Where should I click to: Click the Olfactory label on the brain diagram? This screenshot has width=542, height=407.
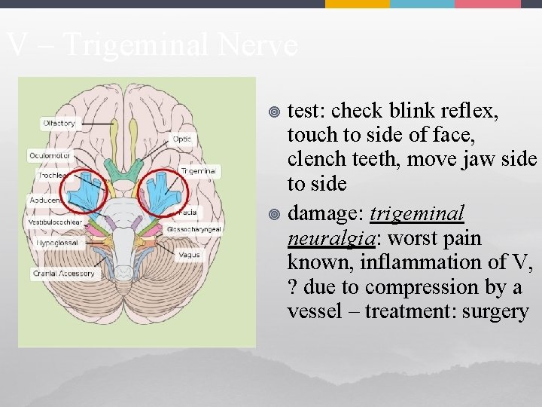(59, 123)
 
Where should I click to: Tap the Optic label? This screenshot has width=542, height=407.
(182, 139)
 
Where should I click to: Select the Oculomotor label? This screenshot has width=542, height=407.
(50, 155)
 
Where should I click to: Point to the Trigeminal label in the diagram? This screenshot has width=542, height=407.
(199, 171)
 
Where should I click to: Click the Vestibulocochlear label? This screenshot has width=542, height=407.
(56, 222)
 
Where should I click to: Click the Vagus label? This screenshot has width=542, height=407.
(188, 255)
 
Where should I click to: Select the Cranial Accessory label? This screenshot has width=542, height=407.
(63, 274)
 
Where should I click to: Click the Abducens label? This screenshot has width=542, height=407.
(45, 200)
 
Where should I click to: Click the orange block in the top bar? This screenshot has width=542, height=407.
(357, 4)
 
